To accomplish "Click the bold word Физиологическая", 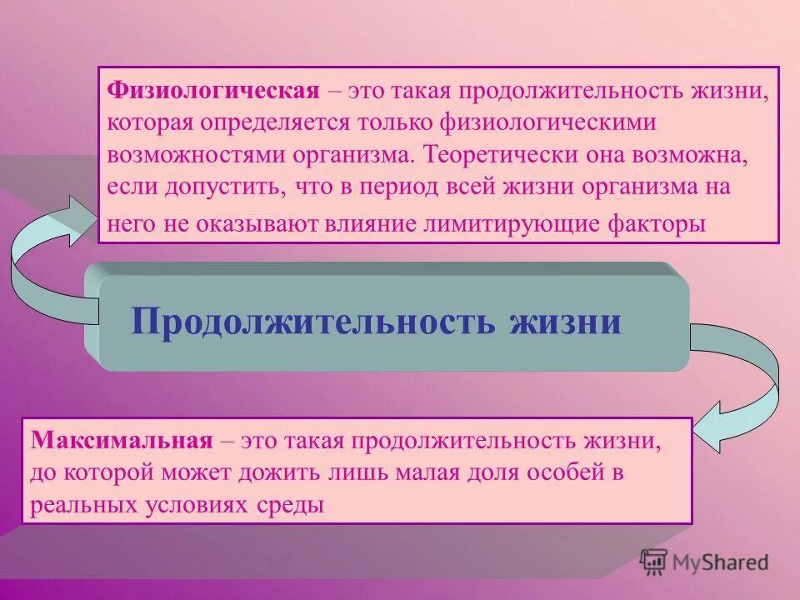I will [213, 89].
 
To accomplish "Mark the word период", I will [395, 187].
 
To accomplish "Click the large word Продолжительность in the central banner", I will [313, 321].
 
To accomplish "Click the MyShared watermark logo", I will [705, 562].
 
